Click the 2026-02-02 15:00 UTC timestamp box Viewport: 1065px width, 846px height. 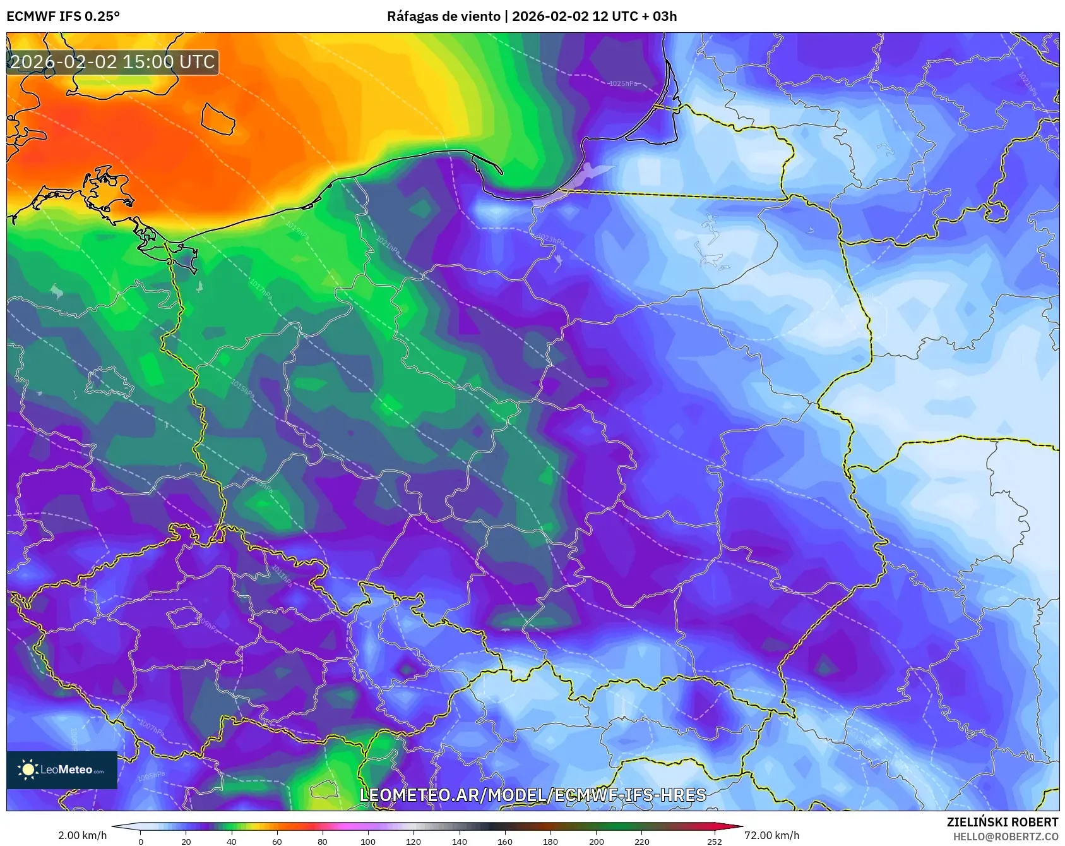coord(112,62)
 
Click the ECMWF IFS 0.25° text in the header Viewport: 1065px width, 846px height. coord(63,16)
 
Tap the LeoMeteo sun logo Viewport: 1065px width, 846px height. coord(28,769)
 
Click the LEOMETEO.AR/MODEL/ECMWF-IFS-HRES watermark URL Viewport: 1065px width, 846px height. coord(532,795)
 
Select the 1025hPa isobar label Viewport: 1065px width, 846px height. coord(622,83)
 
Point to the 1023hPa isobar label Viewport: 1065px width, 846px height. coord(550,239)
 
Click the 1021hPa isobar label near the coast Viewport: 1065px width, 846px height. coord(388,246)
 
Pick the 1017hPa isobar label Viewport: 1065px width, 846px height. coord(261,290)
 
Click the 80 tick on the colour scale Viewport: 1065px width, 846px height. coord(323,841)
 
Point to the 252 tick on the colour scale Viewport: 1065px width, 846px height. coord(714,841)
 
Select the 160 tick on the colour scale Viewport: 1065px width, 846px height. coord(504,841)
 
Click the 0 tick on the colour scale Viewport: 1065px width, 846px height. coord(141,841)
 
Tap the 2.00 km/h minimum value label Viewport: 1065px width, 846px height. coord(82,835)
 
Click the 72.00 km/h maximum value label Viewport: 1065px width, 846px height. coord(771,835)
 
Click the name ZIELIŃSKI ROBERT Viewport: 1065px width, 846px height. coord(1002,822)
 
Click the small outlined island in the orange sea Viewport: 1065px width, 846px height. coord(218,119)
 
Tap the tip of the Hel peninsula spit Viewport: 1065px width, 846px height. coord(501,172)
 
